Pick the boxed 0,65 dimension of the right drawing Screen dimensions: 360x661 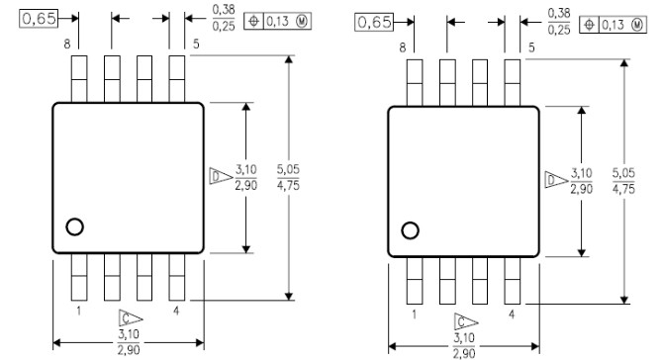(374, 22)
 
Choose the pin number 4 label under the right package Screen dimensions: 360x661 (513, 315)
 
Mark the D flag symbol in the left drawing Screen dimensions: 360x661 (218, 176)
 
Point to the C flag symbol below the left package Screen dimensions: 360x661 (126, 317)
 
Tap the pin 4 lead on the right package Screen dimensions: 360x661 (512, 280)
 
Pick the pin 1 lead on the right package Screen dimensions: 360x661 (415, 280)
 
